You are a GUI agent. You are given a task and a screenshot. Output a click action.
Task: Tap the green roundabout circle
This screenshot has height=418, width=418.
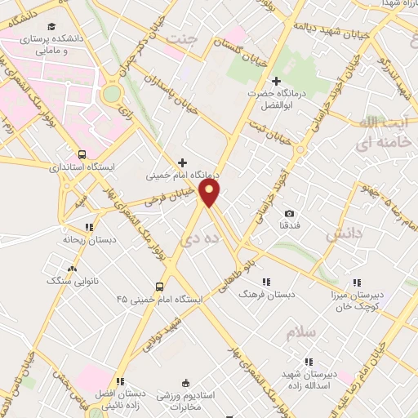111,94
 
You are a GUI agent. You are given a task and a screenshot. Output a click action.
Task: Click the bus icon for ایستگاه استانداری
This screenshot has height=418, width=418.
82,153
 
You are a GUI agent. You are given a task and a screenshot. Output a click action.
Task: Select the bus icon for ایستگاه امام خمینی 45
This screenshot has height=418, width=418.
159,287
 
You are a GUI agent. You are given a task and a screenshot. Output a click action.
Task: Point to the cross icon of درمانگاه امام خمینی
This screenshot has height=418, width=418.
182,162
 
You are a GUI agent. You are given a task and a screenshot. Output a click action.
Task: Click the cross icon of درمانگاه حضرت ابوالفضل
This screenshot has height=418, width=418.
277,81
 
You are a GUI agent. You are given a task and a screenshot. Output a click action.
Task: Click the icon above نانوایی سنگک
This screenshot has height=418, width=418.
73,268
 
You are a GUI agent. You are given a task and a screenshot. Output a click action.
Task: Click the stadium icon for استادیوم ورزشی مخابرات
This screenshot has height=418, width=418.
185,383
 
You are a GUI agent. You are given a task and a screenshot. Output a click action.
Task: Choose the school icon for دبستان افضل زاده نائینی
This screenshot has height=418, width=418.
120,381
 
